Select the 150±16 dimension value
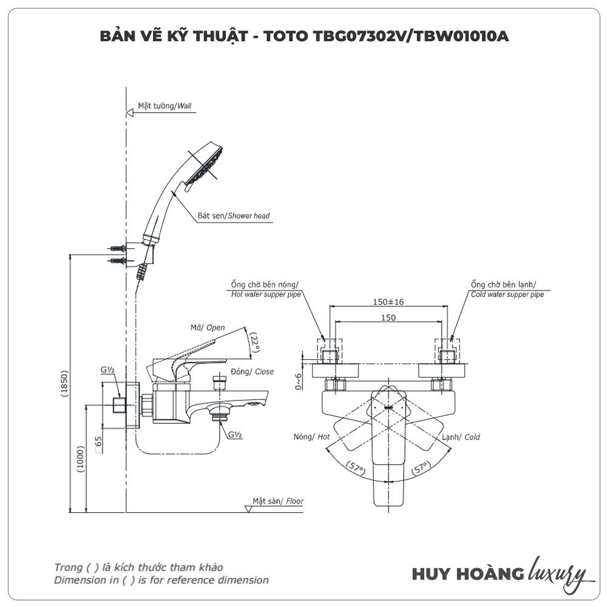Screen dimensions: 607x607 388,302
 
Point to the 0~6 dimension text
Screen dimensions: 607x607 298,379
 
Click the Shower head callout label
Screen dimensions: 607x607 234,215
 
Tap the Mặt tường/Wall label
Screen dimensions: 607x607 164,106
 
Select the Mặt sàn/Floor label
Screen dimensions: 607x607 278,501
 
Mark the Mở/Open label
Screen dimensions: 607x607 208,327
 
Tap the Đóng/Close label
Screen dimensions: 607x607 252,371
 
